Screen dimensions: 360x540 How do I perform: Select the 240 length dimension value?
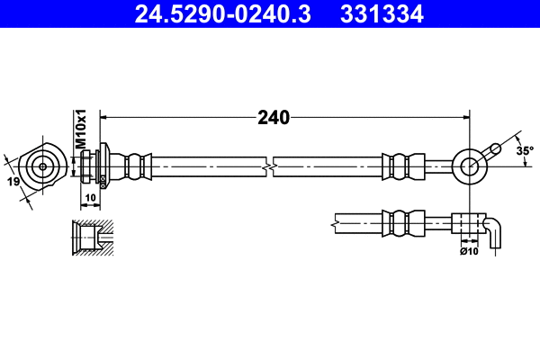click(x=273, y=117)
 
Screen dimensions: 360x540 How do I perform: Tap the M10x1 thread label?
click(x=79, y=130)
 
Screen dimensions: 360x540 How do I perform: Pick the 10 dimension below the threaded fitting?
click(x=90, y=197)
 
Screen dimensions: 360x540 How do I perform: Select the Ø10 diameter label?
click(x=468, y=251)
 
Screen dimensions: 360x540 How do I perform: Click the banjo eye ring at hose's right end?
click(x=469, y=164)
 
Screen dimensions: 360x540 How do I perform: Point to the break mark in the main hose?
click(x=269, y=166)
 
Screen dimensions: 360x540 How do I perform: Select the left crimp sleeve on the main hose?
click(x=135, y=166)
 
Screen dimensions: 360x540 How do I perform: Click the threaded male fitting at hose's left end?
click(x=91, y=166)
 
